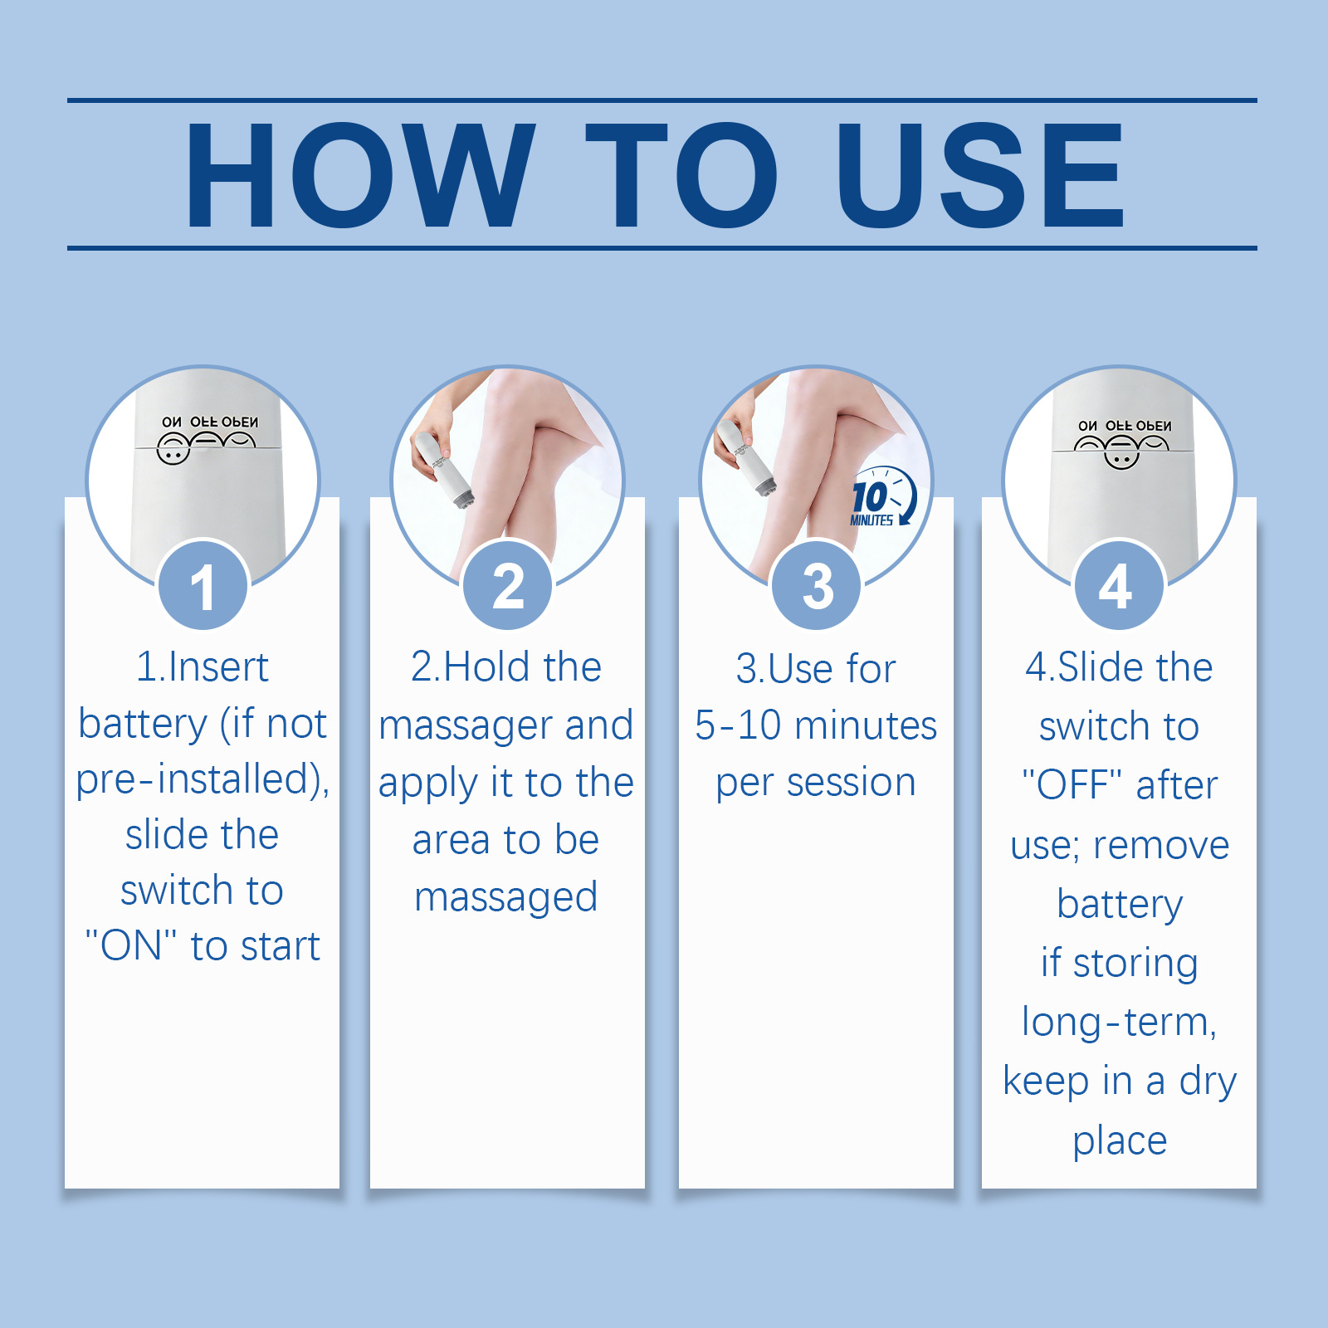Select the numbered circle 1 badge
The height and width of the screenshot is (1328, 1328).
[203, 585]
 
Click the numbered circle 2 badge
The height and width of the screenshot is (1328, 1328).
[508, 585]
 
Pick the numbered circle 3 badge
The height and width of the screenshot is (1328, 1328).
[818, 585]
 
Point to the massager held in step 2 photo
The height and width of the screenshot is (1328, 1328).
[442, 467]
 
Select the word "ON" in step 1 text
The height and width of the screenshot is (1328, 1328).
[131, 945]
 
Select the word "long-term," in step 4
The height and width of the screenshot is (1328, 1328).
[1119, 1023]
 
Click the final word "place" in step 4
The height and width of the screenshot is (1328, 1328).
[1120, 1141]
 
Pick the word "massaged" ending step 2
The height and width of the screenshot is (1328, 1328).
[506, 898]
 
